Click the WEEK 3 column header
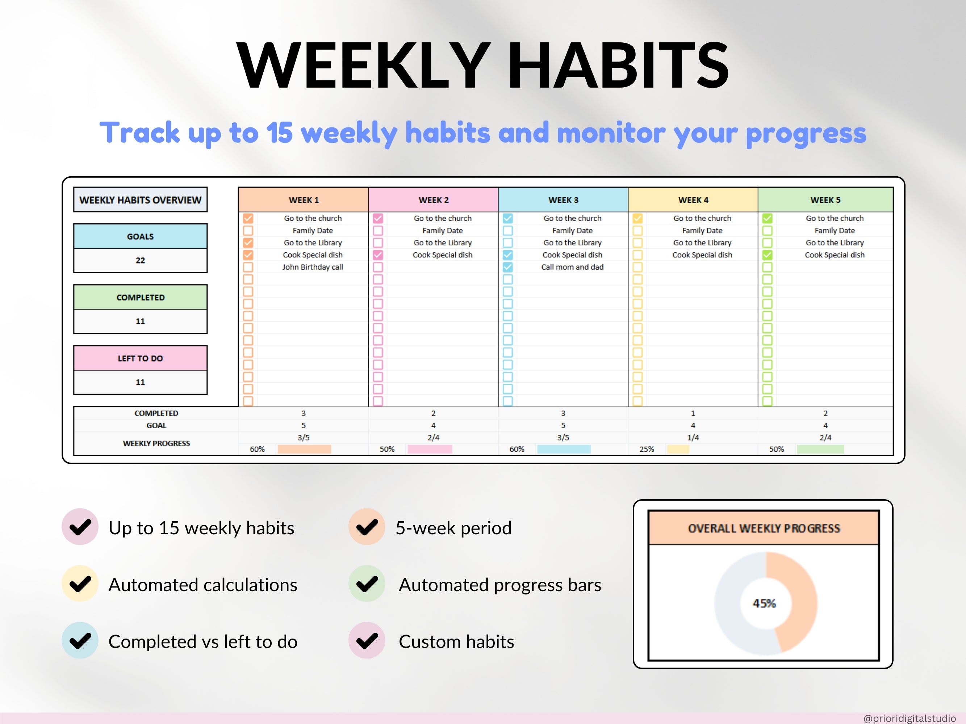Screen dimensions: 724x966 point(563,200)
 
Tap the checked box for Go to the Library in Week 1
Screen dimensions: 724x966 point(248,243)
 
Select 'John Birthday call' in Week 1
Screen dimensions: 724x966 point(312,267)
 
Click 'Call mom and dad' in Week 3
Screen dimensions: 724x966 point(572,267)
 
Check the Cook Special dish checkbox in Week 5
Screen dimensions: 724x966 point(767,255)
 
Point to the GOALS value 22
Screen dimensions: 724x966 point(140,261)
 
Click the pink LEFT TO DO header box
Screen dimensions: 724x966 point(140,358)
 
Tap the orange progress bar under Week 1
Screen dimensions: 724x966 point(304,449)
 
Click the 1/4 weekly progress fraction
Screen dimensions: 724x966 point(693,437)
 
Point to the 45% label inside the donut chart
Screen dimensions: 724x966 point(764,603)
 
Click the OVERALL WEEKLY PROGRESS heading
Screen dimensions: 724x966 point(764,529)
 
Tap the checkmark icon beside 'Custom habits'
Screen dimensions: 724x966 point(367,641)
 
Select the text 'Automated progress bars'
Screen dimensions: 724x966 point(500,585)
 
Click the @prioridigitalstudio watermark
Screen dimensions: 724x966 point(909,718)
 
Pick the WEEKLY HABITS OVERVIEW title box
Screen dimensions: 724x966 point(140,200)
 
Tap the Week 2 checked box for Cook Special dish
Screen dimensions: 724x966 point(378,255)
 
